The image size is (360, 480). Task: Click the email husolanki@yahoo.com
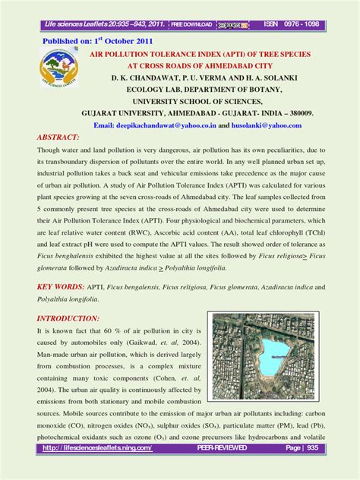[x=262, y=125]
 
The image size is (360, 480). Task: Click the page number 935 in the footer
[x=314, y=470]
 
